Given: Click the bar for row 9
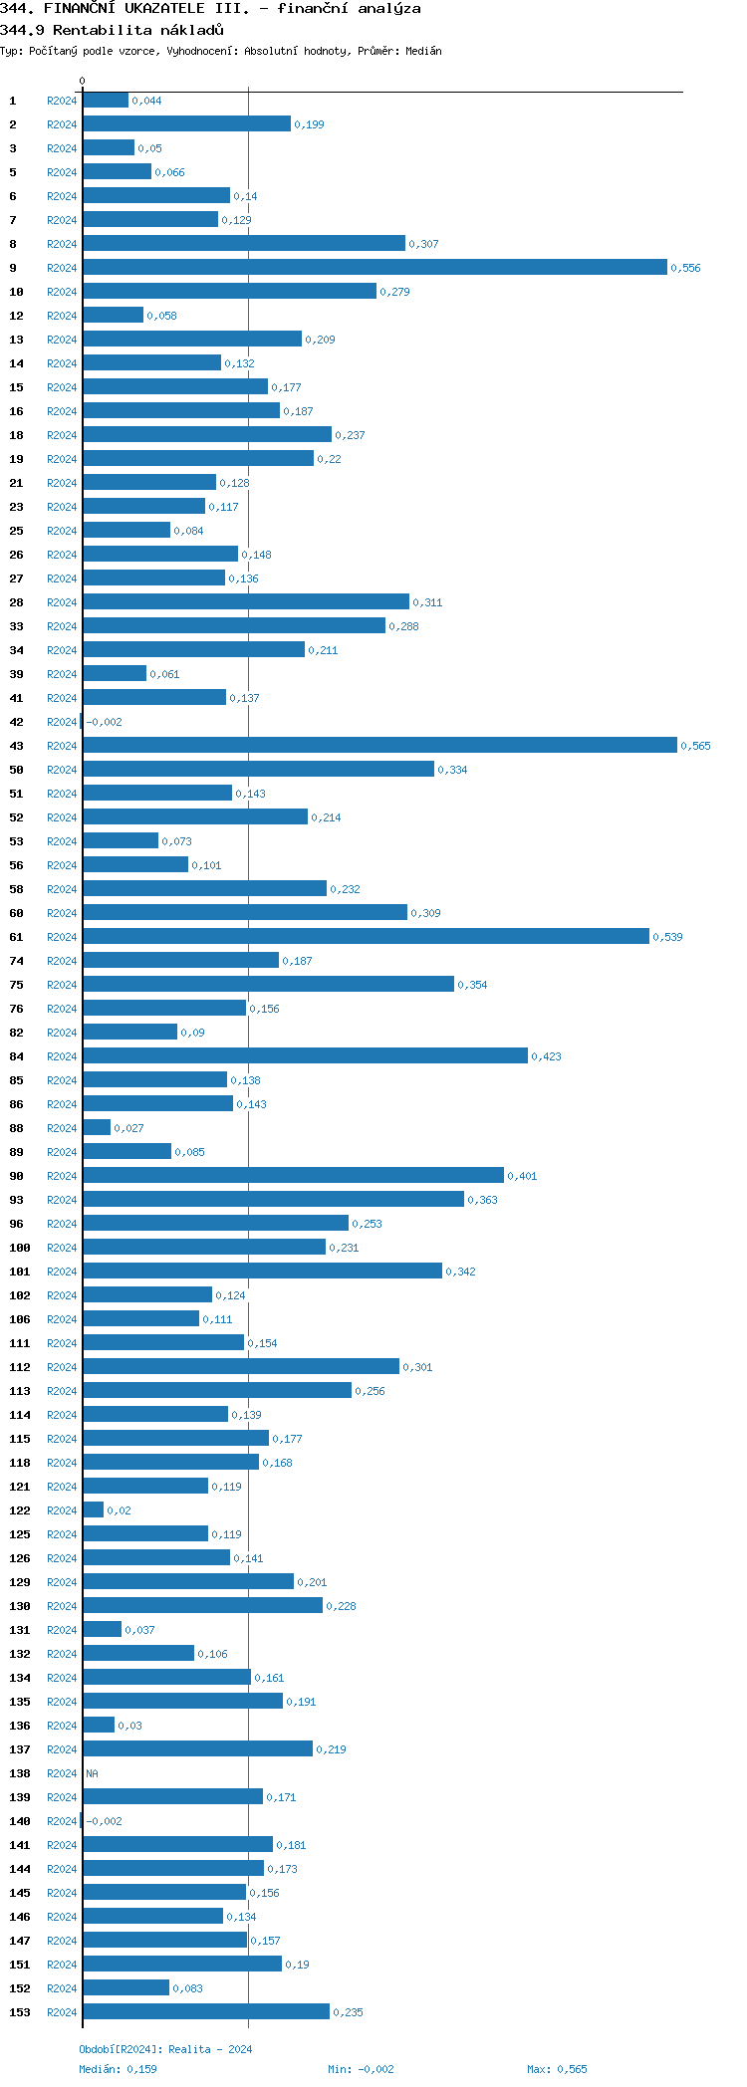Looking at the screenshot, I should [374, 267].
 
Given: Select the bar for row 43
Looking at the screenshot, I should [379, 745].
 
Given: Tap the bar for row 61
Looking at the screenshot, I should [366, 936].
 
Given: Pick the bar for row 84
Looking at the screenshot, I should [305, 1055].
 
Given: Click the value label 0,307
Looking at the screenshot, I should [423, 244].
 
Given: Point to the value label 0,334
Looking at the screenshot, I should [452, 770].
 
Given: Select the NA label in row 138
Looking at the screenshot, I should [92, 1773].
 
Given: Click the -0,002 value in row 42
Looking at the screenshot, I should [104, 722].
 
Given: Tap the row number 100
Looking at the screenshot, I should [20, 1248].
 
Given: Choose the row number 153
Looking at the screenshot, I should [20, 2012].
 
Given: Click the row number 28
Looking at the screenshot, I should [17, 602].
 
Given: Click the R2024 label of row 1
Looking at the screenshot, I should [62, 101].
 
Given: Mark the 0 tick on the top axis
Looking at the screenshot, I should [83, 81].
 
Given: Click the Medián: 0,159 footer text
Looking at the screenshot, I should [118, 2069].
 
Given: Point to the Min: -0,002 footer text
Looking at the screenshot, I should [361, 2069].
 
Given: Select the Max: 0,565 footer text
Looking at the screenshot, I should [557, 2069].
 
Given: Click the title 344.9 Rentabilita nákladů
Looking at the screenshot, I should [112, 30].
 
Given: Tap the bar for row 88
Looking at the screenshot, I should [97, 1127].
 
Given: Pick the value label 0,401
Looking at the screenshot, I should [522, 1176].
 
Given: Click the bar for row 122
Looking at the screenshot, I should [94, 1509].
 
